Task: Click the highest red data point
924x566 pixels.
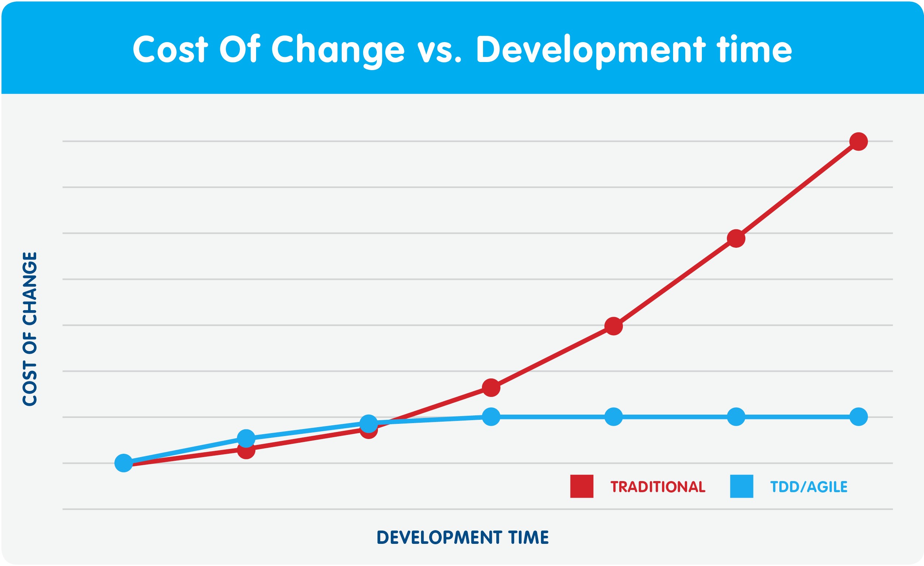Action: click(x=858, y=141)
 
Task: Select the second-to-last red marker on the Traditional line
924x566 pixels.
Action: click(x=736, y=238)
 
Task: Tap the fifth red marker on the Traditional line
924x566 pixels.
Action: click(x=614, y=326)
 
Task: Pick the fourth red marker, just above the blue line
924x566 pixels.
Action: click(x=491, y=387)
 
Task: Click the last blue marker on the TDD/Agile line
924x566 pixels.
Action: click(x=858, y=417)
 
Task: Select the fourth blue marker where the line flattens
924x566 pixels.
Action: click(x=491, y=417)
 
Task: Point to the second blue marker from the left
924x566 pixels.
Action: click(x=246, y=438)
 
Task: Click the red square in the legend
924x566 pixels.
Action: click(x=582, y=487)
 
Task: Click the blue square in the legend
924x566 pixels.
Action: click(x=741, y=487)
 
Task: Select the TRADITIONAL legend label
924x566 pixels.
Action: click(x=658, y=487)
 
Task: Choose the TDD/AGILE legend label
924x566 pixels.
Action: click(x=808, y=487)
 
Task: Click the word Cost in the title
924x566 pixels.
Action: click(x=170, y=49)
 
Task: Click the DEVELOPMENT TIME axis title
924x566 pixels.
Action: click(x=462, y=537)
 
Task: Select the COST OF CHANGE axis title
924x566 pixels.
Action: click(x=30, y=329)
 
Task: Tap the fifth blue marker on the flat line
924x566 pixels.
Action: click(x=614, y=417)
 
